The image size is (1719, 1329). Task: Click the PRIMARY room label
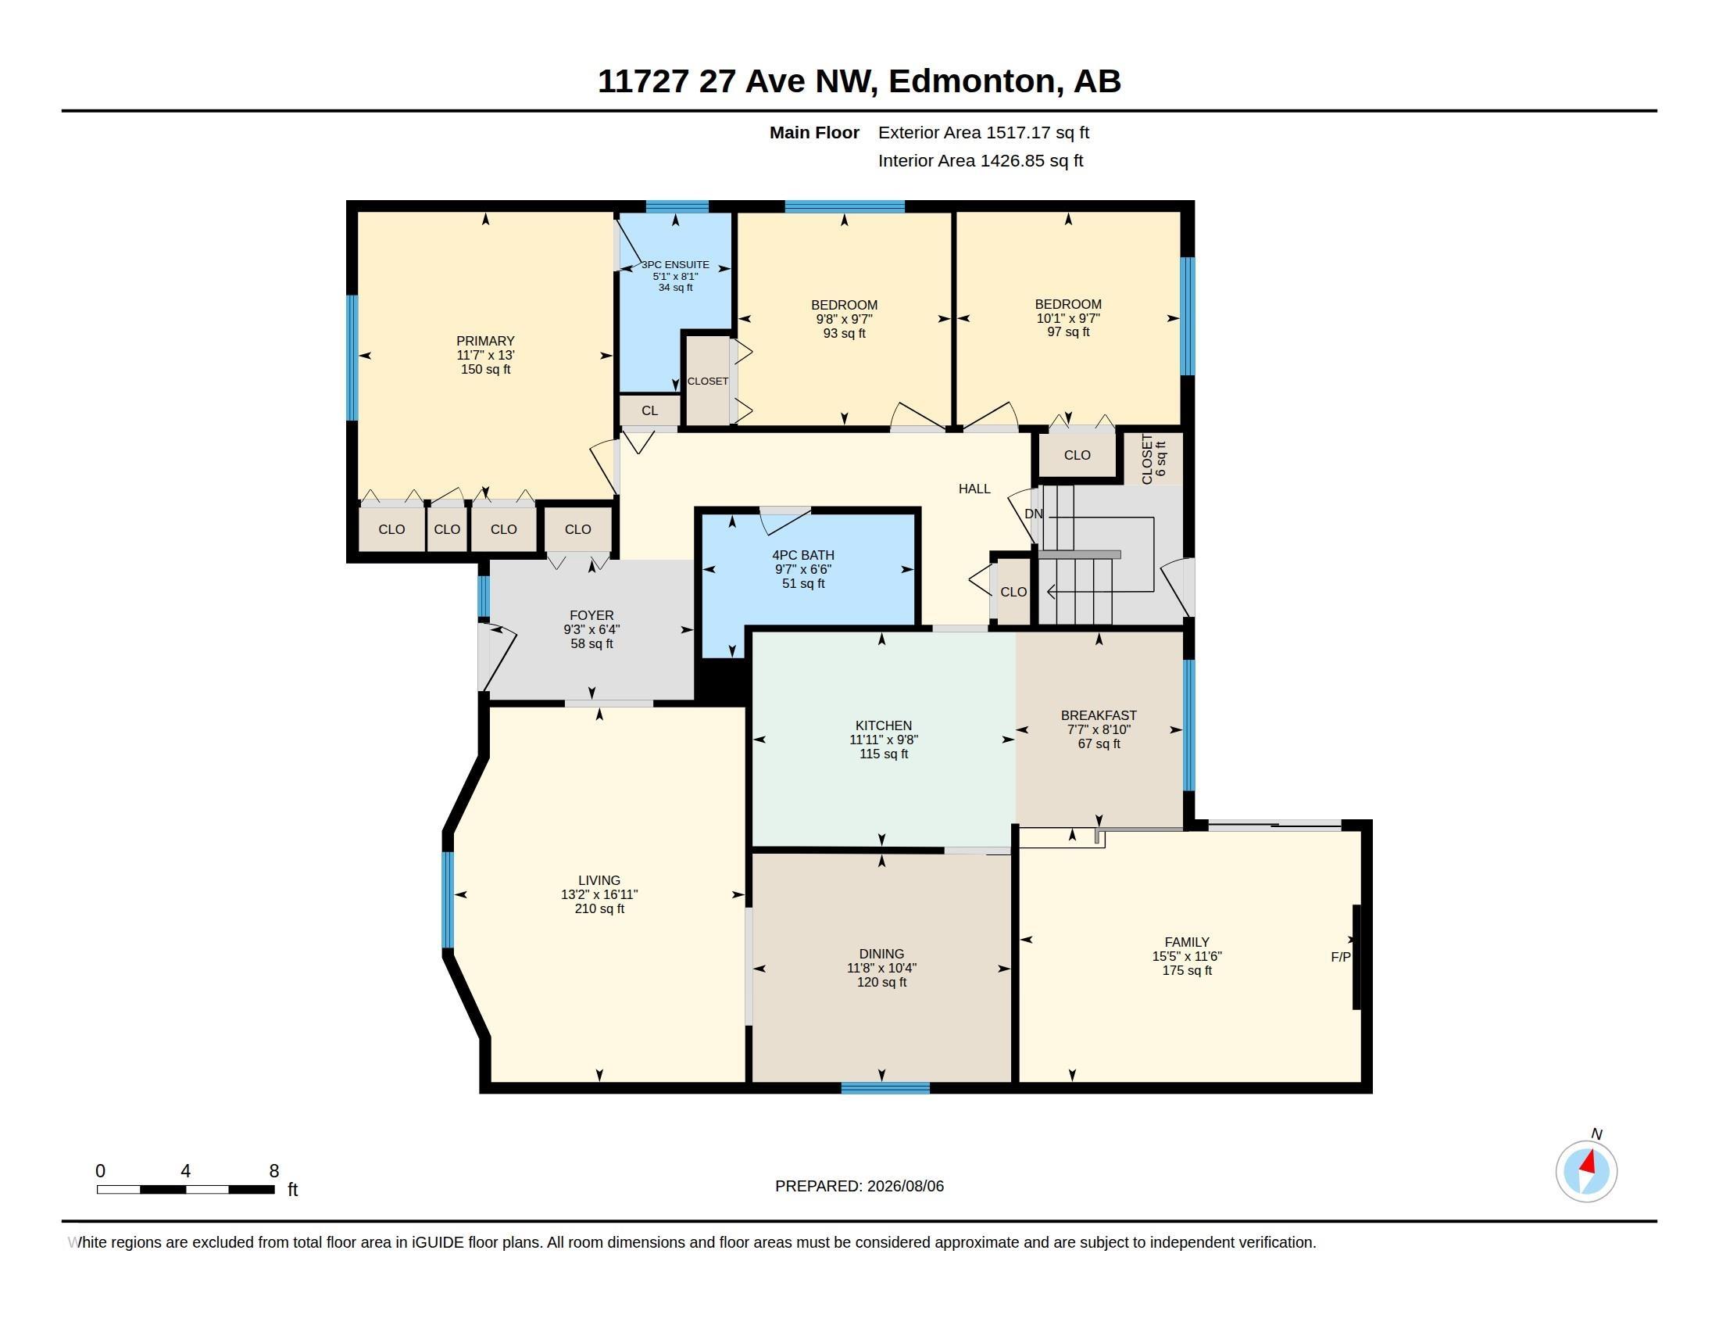coord(485,341)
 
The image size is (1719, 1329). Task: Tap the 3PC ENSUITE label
coord(675,264)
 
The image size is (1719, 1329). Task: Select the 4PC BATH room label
coord(802,555)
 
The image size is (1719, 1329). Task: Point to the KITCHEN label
coord(883,725)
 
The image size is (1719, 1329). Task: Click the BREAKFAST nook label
coord(1098,715)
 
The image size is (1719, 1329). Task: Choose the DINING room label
coord(881,954)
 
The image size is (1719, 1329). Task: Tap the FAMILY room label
coord(1186,942)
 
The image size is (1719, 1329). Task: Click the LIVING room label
coord(599,880)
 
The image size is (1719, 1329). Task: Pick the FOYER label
coord(591,615)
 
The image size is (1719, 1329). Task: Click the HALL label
coord(974,488)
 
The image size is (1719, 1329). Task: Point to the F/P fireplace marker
coord(1340,957)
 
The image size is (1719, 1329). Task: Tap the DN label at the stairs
coord(1034,514)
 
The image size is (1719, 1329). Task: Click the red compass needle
coord(1589,1162)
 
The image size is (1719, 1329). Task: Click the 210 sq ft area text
coord(599,908)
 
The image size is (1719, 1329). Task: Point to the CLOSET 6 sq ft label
coord(1153,459)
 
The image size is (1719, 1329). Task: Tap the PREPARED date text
coord(859,1186)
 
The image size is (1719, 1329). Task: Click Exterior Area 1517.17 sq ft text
coord(983,132)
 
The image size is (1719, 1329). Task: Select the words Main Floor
coord(814,132)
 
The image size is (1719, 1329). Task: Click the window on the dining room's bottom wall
coord(885,1088)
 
